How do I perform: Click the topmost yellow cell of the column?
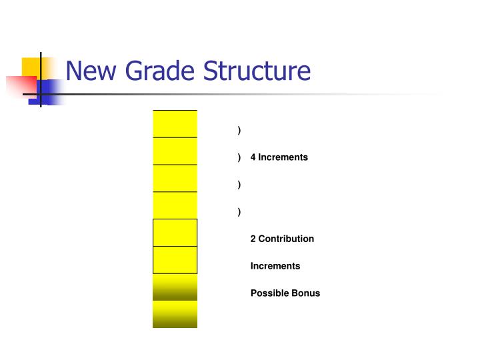175,123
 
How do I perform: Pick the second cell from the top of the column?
175,151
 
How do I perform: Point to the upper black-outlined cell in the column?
175,233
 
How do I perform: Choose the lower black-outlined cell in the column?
175,260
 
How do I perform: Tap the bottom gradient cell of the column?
175,315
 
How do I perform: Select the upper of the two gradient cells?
175,287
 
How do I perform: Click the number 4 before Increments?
253,157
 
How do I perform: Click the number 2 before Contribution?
253,239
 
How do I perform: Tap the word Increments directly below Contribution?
275,266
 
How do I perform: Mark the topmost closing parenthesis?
239,130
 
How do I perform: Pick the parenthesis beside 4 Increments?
239,157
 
